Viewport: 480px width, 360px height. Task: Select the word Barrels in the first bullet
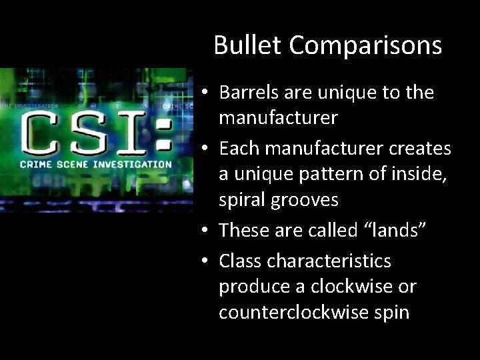tap(247, 93)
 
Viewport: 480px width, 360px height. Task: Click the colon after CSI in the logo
tap(163, 132)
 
